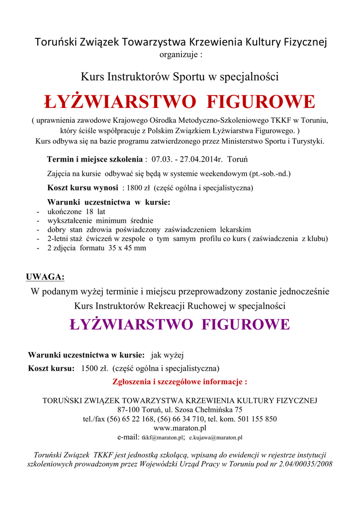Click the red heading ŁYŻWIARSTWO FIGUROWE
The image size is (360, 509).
coord(180,102)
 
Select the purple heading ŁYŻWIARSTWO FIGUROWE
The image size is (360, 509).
coord(180,325)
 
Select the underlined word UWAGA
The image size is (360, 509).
coord(45,277)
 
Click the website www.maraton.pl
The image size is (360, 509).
coord(180,428)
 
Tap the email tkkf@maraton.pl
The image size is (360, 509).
coord(163,438)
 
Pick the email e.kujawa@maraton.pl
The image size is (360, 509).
coord(215,438)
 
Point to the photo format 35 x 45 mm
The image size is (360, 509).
coord(127,248)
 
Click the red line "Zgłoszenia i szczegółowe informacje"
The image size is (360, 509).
coord(180,382)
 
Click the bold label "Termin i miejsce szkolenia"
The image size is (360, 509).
coord(94,160)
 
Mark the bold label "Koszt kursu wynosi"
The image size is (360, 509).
coord(83,188)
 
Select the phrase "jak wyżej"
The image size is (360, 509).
coord(167,355)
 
